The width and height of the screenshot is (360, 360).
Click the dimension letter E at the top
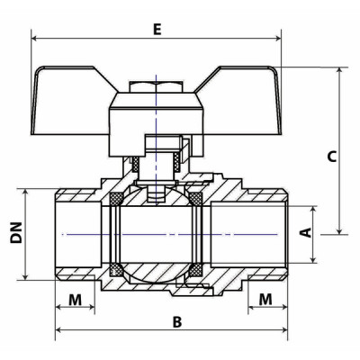[x=157, y=29]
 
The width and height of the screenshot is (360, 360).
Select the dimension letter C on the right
[x=331, y=156]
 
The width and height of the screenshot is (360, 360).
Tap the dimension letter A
[x=304, y=232]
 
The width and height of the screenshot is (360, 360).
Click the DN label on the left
[x=16, y=233]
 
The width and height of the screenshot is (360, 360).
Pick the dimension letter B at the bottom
[x=177, y=320]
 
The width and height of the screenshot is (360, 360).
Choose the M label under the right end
[x=266, y=298]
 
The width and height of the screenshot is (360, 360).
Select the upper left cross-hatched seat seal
[x=116, y=195]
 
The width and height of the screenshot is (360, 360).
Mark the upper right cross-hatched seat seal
[x=193, y=195]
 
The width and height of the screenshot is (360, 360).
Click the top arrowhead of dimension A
[x=314, y=207]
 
